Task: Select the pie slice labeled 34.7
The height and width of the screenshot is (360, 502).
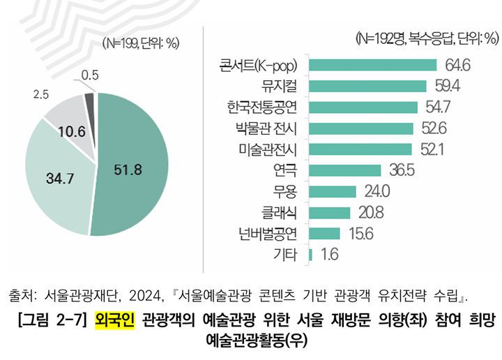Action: (x=59, y=178)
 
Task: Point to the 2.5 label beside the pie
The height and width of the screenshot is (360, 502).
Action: (x=41, y=93)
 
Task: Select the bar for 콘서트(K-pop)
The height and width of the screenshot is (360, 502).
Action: (x=372, y=65)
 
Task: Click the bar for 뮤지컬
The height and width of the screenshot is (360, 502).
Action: (x=367, y=86)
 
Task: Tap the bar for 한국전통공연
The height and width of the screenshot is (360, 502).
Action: (x=362, y=107)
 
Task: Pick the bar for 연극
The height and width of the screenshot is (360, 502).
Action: (x=344, y=170)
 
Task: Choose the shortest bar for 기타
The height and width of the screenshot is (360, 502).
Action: (x=310, y=255)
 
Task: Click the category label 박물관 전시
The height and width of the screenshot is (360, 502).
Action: (x=267, y=128)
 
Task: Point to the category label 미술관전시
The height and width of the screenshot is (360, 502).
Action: (x=268, y=149)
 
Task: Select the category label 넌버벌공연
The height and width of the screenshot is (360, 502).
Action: (x=268, y=234)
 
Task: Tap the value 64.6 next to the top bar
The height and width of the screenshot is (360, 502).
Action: (x=457, y=65)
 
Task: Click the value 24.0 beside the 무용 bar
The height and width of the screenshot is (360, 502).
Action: (x=376, y=191)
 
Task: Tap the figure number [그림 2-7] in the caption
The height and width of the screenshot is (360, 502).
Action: (x=52, y=322)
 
